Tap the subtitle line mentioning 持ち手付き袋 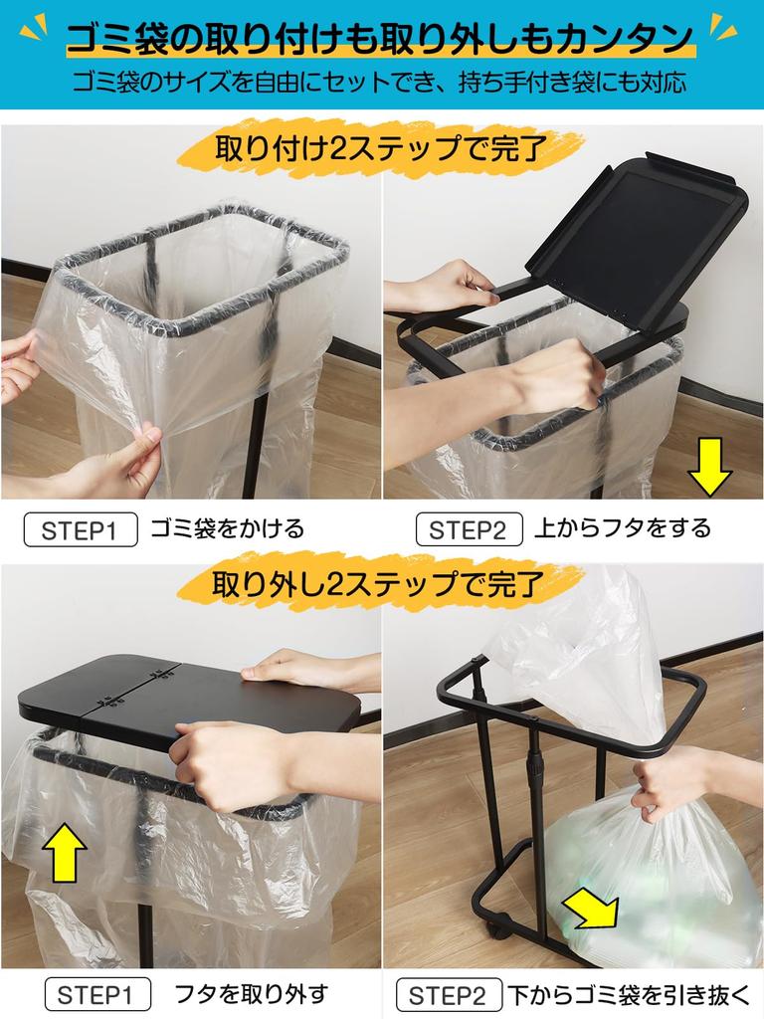point(379,82)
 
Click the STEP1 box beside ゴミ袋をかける point(80,529)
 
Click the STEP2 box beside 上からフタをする point(468,529)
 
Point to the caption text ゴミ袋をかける point(227,528)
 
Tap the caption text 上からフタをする point(623,528)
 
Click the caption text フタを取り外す point(251,993)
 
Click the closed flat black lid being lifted point(189,692)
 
